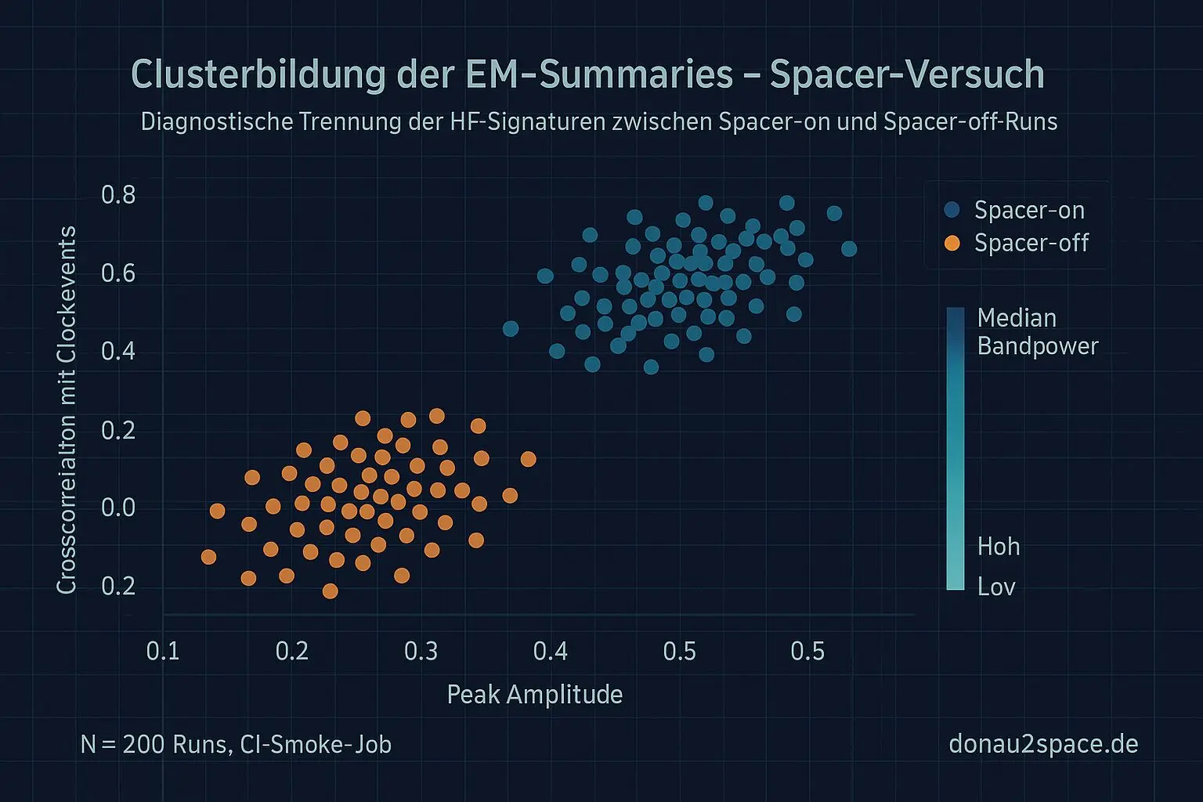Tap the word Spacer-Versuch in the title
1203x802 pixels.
(x=907, y=75)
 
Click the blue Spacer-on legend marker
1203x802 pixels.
(x=952, y=210)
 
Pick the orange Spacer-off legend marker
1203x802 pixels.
(x=952, y=244)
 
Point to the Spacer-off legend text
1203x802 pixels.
(x=1031, y=244)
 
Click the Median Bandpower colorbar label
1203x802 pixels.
(x=1037, y=332)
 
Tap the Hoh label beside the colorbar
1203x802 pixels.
(x=999, y=546)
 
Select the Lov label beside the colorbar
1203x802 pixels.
(x=996, y=587)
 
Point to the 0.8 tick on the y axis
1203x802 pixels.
(x=118, y=195)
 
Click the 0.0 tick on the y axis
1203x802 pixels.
(x=118, y=508)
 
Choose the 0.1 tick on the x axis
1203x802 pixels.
(x=163, y=651)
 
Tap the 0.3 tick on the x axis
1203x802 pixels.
(x=421, y=651)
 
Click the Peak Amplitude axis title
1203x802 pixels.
(x=535, y=695)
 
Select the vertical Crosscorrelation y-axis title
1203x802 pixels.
(x=67, y=410)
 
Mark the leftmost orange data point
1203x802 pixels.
(x=208, y=557)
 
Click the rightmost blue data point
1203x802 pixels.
(x=849, y=249)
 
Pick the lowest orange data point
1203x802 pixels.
(x=330, y=591)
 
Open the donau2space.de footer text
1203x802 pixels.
(x=1043, y=743)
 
